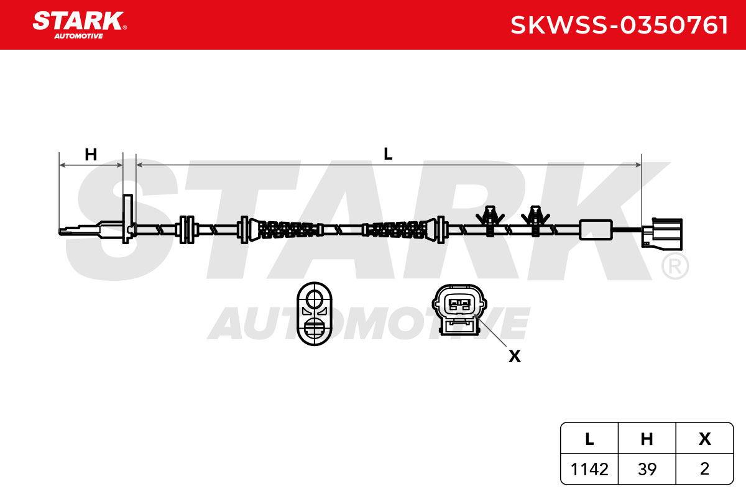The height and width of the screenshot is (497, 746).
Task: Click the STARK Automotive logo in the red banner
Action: tap(80, 25)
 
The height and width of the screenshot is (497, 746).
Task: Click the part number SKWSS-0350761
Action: tap(619, 25)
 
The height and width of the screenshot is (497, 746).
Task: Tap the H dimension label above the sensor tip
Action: tap(91, 155)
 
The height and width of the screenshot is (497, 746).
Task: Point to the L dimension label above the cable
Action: tap(388, 154)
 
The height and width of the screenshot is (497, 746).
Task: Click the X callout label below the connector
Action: tap(515, 356)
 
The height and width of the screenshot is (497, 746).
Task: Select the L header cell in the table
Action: tap(589, 439)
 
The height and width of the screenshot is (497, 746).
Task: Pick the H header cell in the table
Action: tap(647, 439)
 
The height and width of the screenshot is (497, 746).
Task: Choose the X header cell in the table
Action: tap(704, 439)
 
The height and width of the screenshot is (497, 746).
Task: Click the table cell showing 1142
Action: tap(589, 469)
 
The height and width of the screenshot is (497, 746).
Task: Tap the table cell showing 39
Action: tap(647, 469)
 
